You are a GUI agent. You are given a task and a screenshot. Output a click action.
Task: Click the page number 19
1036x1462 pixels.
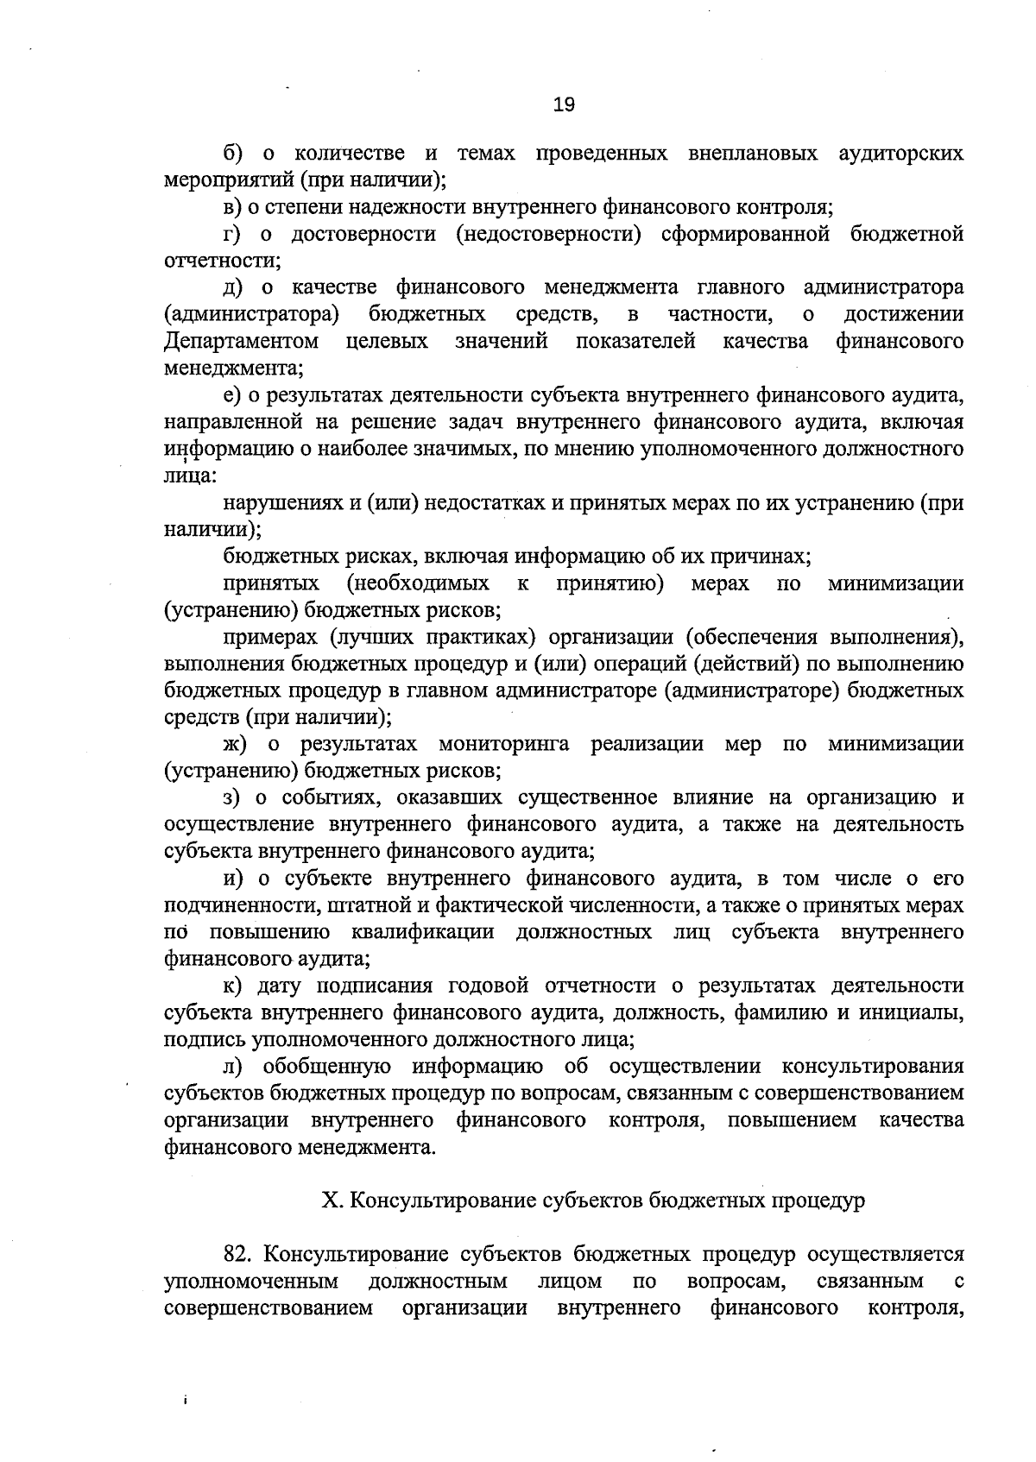(563, 105)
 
